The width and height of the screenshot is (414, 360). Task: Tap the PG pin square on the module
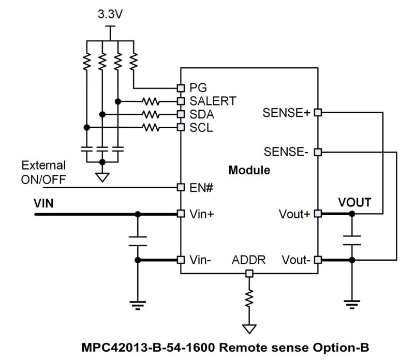click(x=181, y=87)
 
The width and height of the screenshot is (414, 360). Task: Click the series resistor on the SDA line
click(x=151, y=114)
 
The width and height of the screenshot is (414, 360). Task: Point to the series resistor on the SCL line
click(x=151, y=127)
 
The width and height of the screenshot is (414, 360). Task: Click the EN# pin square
click(x=181, y=187)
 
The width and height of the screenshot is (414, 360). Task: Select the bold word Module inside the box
click(x=249, y=170)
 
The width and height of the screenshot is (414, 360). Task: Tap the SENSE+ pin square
click(x=318, y=112)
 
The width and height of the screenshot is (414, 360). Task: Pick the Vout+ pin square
click(x=318, y=213)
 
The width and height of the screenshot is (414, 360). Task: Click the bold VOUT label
click(x=354, y=202)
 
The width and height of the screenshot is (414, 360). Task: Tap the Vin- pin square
click(x=181, y=260)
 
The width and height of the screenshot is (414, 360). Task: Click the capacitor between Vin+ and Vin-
click(x=138, y=241)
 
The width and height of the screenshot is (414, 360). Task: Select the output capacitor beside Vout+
click(x=352, y=239)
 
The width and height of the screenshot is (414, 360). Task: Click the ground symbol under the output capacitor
click(x=352, y=305)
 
